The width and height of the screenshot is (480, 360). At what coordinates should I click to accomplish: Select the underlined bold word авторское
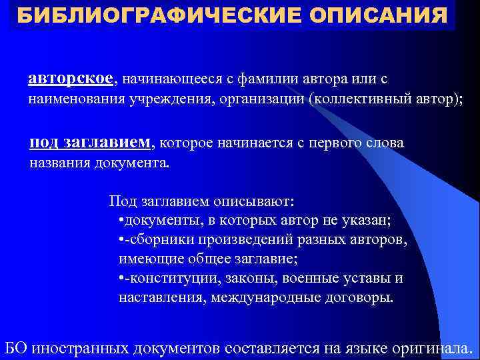[x=71, y=79]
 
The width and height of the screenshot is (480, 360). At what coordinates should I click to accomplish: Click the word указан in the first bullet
[x=363, y=220]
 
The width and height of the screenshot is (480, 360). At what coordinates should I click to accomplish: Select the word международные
[x=263, y=297]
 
